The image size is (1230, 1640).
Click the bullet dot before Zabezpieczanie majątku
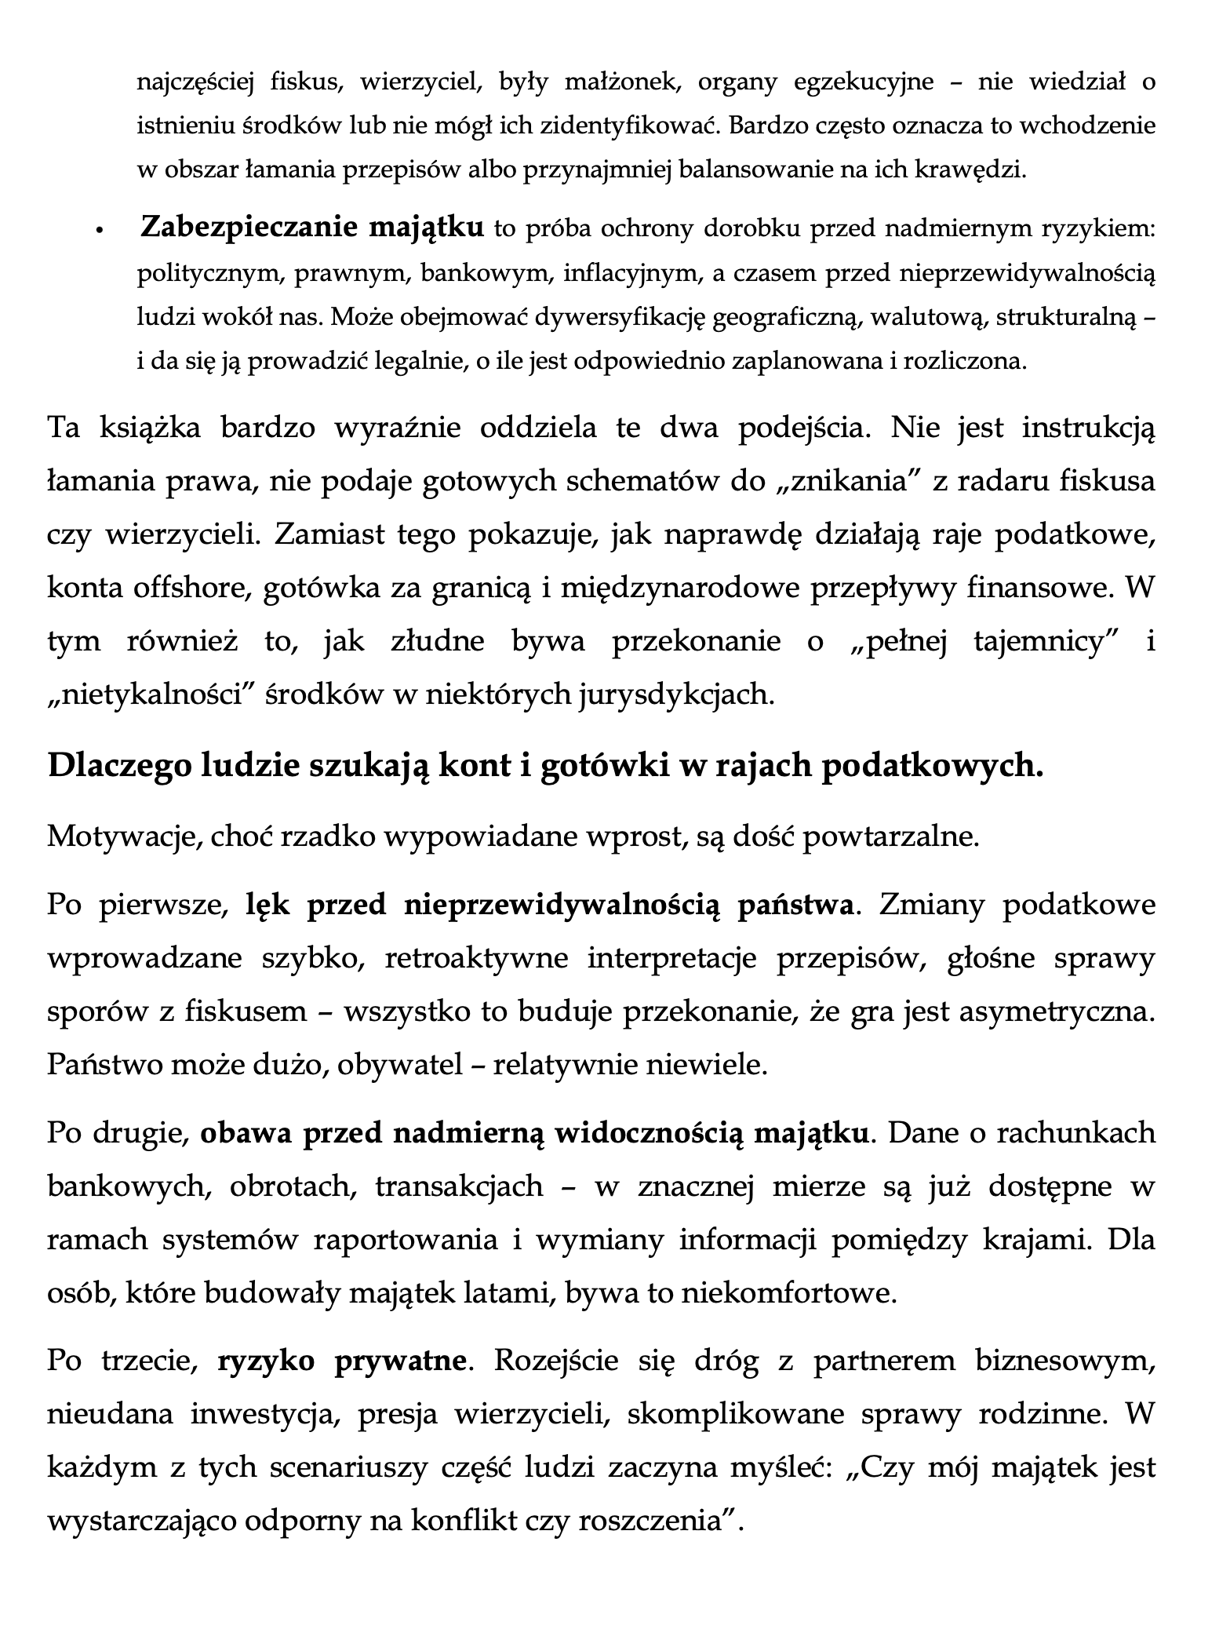click(x=99, y=231)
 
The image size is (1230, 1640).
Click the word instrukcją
click(x=1089, y=429)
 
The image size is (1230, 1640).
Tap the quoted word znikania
click(x=856, y=481)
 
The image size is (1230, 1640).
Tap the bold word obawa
click(x=246, y=1132)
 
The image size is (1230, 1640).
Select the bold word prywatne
click(x=400, y=1360)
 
